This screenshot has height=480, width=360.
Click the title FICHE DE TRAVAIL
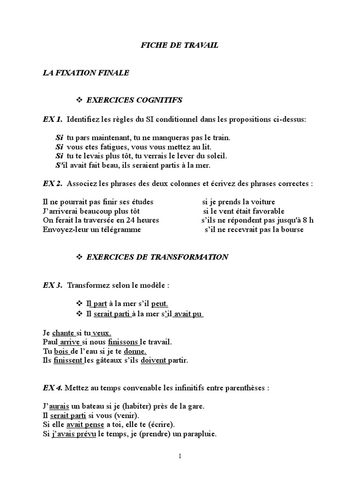pyautogui.click(x=180, y=46)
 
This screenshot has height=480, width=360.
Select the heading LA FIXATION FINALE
pyautogui.click(x=86, y=73)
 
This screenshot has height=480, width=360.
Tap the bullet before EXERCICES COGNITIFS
pyautogui.click(x=79, y=100)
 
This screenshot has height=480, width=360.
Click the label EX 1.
pyautogui.click(x=52, y=120)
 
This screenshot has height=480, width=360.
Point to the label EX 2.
pyautogui.click(x=52, y=184)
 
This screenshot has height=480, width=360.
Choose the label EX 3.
pyautogui.click(x=52, y=285)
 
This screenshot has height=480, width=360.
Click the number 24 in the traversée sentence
pyautogui.click(x=122, y=220)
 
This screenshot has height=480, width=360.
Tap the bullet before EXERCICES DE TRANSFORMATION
pyautogui.click(x=79, y=257)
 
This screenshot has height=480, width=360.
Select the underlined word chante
pyautogui.click(x=63, y=333)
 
